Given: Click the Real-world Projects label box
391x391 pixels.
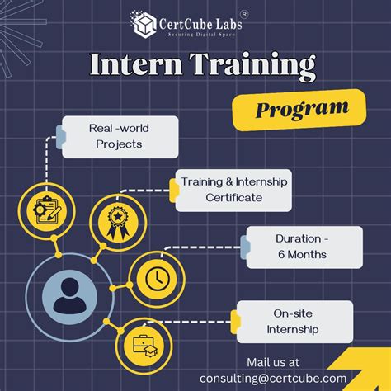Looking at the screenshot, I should tap(119, 136).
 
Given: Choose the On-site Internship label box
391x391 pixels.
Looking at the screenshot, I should tap(295, 322).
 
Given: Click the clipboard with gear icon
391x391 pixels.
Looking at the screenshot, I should tap(46, 210).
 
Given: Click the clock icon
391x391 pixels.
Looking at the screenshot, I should tap(155, 279).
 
